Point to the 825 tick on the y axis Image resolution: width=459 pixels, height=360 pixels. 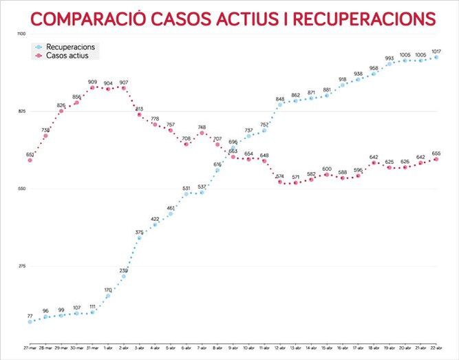coord(21,112)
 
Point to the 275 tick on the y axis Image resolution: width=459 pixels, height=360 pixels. coord(21,266)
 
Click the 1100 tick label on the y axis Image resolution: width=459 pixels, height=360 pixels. coord(21,34)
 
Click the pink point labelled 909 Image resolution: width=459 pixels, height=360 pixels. coord(92,87)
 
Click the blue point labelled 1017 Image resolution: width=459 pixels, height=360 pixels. coord(436,57)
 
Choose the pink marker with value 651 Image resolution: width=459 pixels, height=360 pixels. coord(30,160)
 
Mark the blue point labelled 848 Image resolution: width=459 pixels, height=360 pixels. coord(280,105)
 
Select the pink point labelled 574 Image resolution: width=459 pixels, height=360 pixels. coord(280,182)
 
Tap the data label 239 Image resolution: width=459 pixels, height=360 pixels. coord(123,271)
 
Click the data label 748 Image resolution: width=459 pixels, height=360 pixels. coord(202,127)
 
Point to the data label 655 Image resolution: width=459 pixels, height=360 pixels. coord(436,153)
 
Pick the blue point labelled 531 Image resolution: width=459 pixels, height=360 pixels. coord(186,194)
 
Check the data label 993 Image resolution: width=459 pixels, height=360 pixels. coord(389,59)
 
